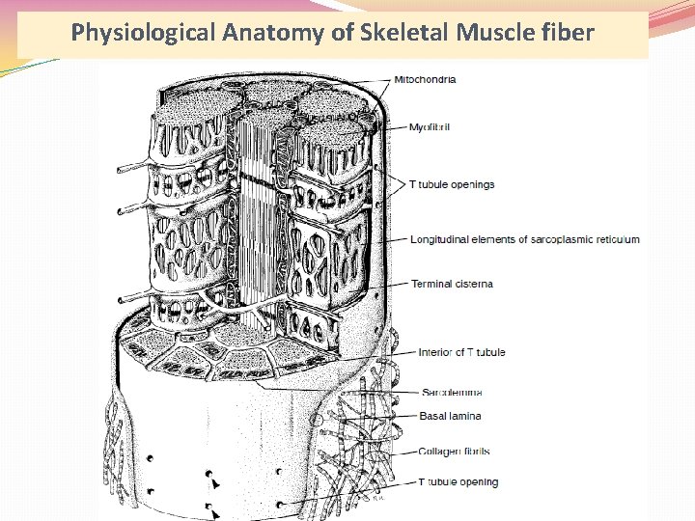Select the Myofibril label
pyautogui.click(x=431, y=126)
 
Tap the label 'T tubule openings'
pyautogui.click(x=452, y=184)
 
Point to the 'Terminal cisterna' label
pyautogui.click(x=452, y=284)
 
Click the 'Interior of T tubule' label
pyautogui.click(x=461, y=352)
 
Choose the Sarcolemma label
pyautogui.click(x=452, y=392)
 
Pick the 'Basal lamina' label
pyautogui.click(x=450, y=416)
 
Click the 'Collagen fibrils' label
pyautogui.click(x=454, y=451)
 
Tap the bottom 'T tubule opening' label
pyautogui.click(x=458, y=481)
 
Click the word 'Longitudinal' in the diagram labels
pyautogui.click(x=442, y=239)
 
